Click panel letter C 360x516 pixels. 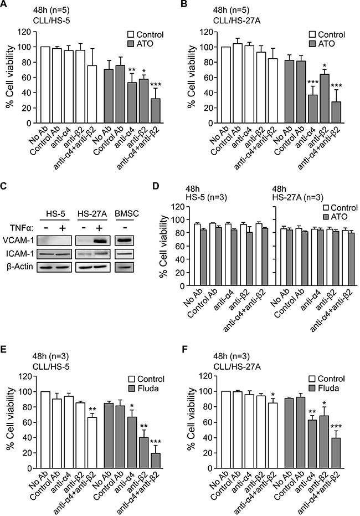(4, 186)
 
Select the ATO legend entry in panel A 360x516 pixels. (140, 43)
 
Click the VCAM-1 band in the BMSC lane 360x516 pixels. (124, 241)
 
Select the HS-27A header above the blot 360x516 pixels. (92, 214)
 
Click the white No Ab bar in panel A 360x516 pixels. (45, 85)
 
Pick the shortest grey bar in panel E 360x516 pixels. (156, 461)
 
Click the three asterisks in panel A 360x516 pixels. (156, 84)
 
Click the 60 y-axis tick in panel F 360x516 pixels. (208, 422)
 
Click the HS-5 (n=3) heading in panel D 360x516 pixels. (204, 197)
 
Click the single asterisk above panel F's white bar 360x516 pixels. (272, 395)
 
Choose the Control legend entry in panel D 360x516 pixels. (340, 208)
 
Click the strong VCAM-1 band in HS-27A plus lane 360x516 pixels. (101, 241)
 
